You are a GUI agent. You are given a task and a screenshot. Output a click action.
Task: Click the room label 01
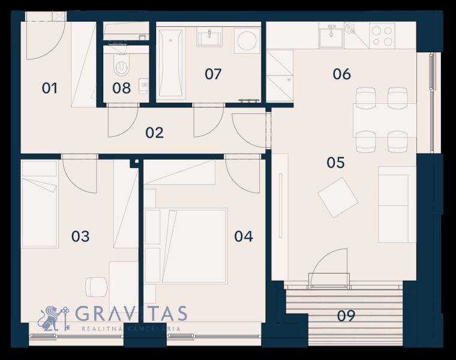click(x=49, y=88)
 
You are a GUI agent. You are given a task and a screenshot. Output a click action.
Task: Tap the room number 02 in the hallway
click(x=154, y=133)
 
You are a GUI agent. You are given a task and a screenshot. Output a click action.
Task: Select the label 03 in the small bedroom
click(x=80, y=236)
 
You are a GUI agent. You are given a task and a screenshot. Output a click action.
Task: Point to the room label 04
click(x=244, y=236)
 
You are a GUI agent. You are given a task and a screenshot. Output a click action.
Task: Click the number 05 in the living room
click(x=336, y=163)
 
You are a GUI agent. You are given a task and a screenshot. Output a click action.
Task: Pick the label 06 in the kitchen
click(x=342, y=74)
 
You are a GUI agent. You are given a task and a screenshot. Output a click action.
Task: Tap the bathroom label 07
click(x=213, y=74)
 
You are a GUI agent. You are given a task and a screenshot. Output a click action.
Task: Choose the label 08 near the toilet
click(x=122, y=88)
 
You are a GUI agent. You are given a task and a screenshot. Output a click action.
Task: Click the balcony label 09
click(x=346, y=316)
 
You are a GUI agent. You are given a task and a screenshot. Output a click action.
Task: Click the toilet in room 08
click(x=122, y=65)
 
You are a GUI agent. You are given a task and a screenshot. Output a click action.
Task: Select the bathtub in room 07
click(x=170, y=62)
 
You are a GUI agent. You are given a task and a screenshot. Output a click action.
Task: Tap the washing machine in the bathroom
click(x=248, y=40)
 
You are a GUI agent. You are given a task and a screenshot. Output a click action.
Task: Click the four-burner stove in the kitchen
click(x=382, y=35)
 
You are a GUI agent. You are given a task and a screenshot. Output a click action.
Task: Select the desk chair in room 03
click(x=96, y=287)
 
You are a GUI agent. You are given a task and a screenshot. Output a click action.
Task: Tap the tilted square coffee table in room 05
click(x=338, y=198)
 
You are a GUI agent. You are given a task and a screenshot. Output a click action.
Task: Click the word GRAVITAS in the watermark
click(x=131, y=313)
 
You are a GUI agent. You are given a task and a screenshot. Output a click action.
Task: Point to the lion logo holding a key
click(x=54, y=319)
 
